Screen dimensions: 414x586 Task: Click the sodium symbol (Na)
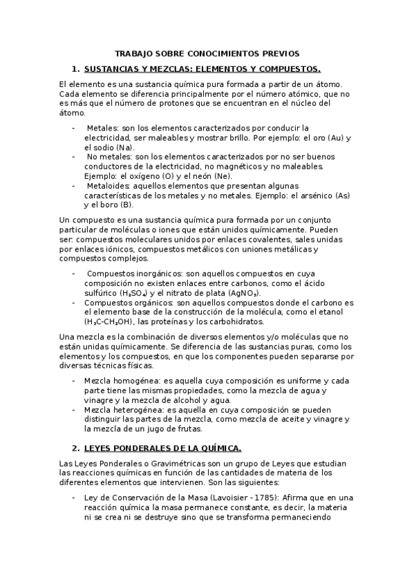(125, 147)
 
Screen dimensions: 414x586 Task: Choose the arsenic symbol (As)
(344, 196)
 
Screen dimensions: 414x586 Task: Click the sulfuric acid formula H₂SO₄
(133, 293)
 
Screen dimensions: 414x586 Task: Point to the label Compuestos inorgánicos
(130, 274)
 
